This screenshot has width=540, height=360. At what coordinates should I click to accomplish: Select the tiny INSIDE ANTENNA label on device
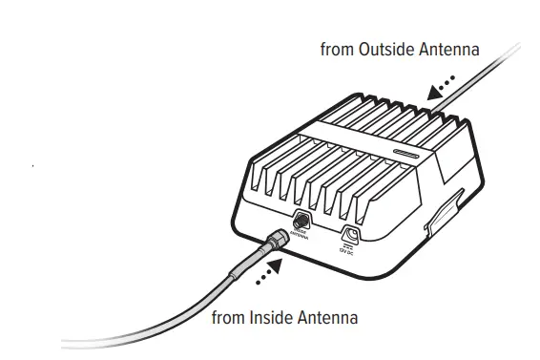coord(301,234)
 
